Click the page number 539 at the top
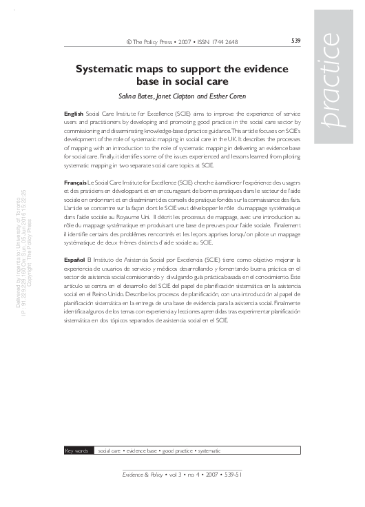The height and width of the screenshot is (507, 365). click(295, 41)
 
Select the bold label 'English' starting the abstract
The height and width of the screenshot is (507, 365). click(73, 111)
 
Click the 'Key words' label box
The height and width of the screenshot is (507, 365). click(77, 451)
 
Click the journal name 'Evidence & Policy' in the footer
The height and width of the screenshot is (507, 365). click(143, 475)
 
